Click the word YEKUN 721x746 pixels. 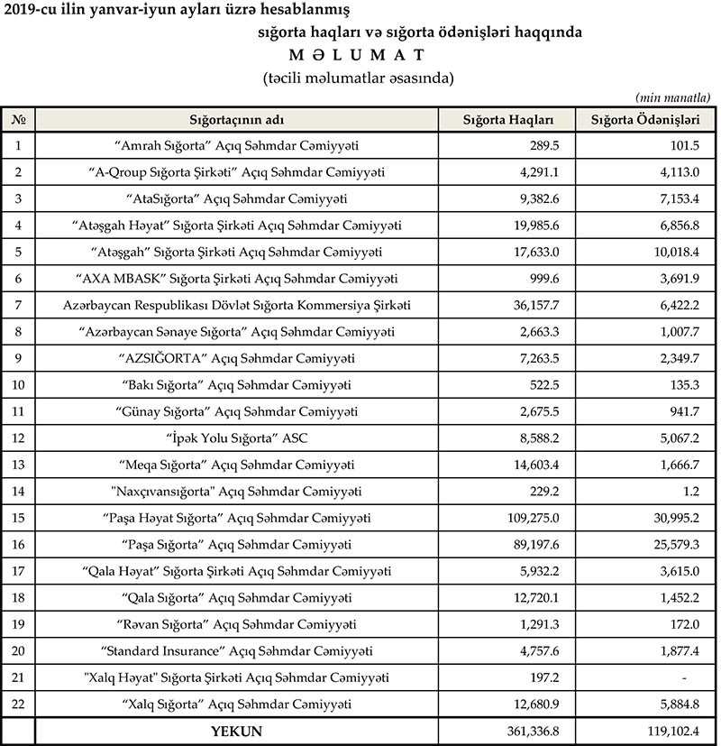pyautogui.click(x=236, y=732)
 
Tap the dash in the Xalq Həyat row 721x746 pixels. pyautogui.click(x=685, y=677)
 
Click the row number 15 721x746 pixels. pyautogui.click(x=18, y=519)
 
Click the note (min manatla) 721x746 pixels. pyautogui.click(x=672, y=97)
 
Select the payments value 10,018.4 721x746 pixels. pyautogui.click(x=671, y=252)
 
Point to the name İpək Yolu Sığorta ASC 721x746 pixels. pyautogui.click(x=237, y=438)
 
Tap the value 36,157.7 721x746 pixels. pyautogui.click(x=539, y=306)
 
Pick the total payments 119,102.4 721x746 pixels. pyautogui.click(x=671, y=732)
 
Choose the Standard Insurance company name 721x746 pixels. pyautogui.click(x=237, y=651)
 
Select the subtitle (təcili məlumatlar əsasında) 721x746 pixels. pyautogui.click(x=358, y=78)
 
